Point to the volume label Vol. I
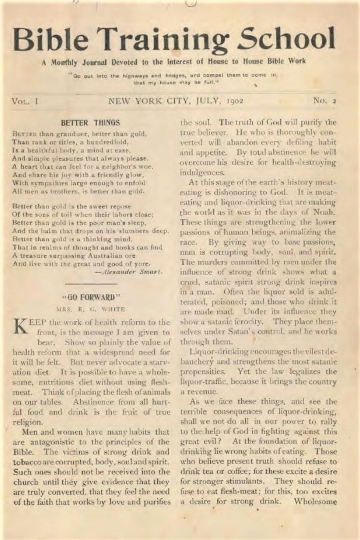25,101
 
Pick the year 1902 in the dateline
233,101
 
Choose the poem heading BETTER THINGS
90,122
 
